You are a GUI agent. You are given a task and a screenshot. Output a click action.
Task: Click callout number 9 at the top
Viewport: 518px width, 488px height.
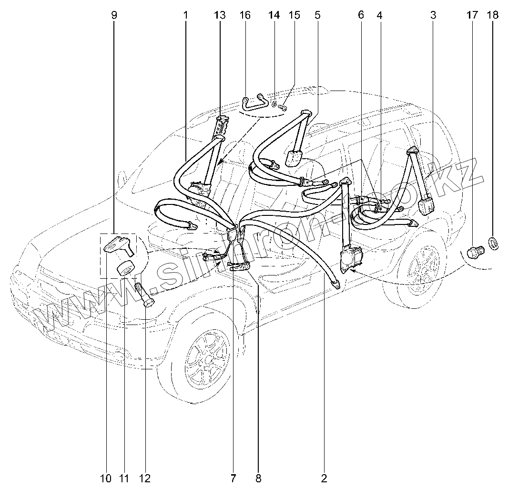coord(114,15)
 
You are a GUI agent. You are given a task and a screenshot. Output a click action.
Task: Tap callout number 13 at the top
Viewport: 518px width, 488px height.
coord(220,15)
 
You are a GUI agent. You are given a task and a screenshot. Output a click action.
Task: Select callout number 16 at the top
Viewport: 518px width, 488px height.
coord(245,15)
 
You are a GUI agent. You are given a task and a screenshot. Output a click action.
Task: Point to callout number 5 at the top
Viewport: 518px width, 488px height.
coord(317,15)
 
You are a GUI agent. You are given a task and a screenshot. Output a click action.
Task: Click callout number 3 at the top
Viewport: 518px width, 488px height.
coord(433,15)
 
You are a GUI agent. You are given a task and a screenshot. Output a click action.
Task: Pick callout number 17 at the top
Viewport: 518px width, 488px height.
coord(472,15)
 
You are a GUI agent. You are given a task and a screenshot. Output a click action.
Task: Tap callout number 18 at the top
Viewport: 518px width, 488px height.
coord(493,15)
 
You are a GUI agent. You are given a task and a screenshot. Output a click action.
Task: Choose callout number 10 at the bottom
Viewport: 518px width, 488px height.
coord(105,478)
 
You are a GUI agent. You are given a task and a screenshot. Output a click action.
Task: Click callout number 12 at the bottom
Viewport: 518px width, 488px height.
coord(144,478)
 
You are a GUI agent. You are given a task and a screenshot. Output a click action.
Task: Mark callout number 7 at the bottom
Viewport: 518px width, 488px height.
coord(234,478)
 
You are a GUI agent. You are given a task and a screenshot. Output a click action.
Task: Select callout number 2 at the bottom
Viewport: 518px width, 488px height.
coord(324,478)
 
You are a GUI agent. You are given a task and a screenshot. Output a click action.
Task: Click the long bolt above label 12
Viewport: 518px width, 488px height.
coord(142,295)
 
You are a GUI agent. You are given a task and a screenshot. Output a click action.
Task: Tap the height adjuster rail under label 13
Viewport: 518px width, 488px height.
coord(222,126)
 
